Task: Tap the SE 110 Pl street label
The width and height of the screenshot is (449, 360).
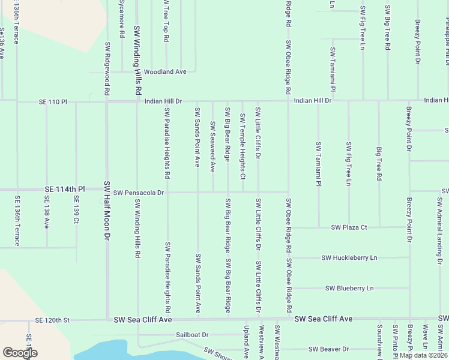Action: [55, 102]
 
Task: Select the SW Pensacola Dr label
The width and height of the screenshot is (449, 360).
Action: [139, 193]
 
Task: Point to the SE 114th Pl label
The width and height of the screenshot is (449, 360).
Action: [65, 189]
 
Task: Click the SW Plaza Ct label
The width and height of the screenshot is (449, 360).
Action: [349, 227]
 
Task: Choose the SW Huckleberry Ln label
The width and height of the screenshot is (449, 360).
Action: [349, 258]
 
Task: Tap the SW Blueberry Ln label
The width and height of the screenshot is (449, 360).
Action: [349, 288]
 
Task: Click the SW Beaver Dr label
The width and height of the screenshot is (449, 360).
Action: [328, 349]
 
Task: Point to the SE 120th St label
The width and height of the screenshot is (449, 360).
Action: [53, 320]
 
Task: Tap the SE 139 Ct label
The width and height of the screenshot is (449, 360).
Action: [76, 209]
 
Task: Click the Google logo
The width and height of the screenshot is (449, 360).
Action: [20, 353]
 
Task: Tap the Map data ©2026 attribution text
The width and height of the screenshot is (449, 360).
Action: [423, 355]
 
